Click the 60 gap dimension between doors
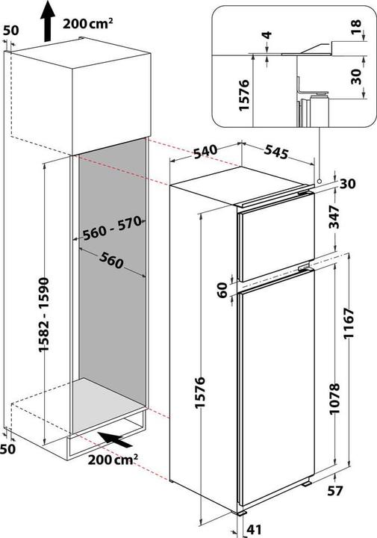point(222,290)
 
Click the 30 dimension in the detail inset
point(357,76)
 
